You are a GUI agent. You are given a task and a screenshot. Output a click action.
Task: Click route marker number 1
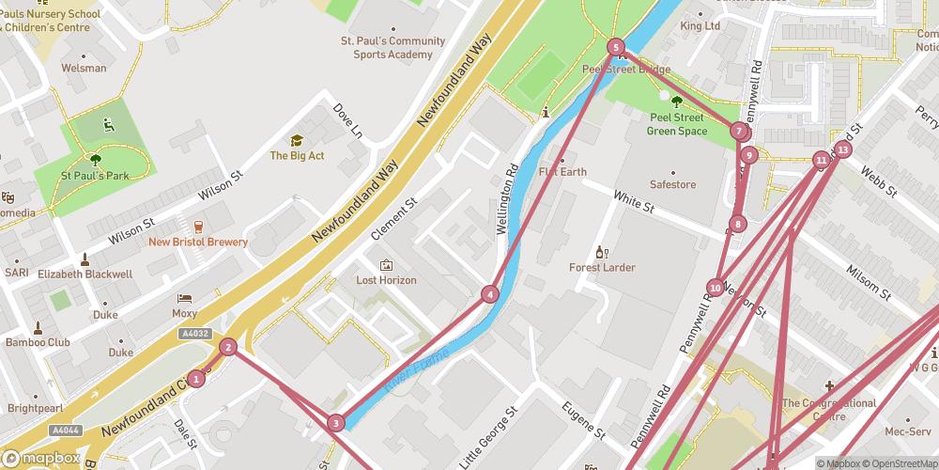[195, 379]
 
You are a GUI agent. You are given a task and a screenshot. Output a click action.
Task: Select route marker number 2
[227, 347]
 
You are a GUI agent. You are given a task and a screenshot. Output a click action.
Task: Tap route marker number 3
[336, 424]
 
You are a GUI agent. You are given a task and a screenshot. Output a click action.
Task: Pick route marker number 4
[490, 294]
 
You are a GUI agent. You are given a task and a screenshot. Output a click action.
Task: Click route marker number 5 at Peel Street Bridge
[616, 47]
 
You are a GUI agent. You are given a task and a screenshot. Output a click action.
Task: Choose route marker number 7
[739, 132]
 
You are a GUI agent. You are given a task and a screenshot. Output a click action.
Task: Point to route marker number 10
[716, 288]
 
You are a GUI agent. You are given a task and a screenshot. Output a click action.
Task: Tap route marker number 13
[843, 149]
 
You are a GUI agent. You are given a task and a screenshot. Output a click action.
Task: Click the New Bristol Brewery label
[198, 242]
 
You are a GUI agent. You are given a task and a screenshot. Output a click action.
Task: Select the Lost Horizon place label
[386, 280]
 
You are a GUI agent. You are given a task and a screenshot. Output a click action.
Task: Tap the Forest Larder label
[602, 267]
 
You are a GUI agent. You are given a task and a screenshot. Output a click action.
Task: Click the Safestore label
[673, 184]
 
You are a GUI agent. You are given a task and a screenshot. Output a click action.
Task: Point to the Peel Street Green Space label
[677, 124]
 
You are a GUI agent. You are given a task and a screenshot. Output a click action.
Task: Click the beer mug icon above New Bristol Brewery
[198, 226]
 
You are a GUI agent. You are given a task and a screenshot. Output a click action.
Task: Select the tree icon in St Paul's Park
[94, 159]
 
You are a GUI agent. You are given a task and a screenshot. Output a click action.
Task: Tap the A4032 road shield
[195, 333]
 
